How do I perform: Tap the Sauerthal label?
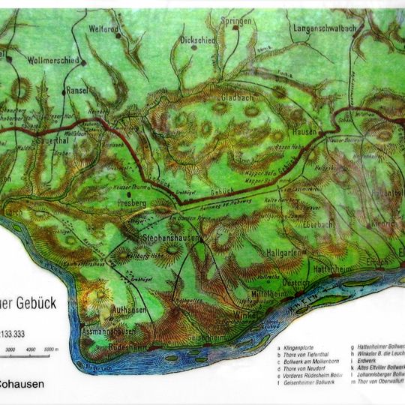54,139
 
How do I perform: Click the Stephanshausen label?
173,238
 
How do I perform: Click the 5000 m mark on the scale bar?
52,349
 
